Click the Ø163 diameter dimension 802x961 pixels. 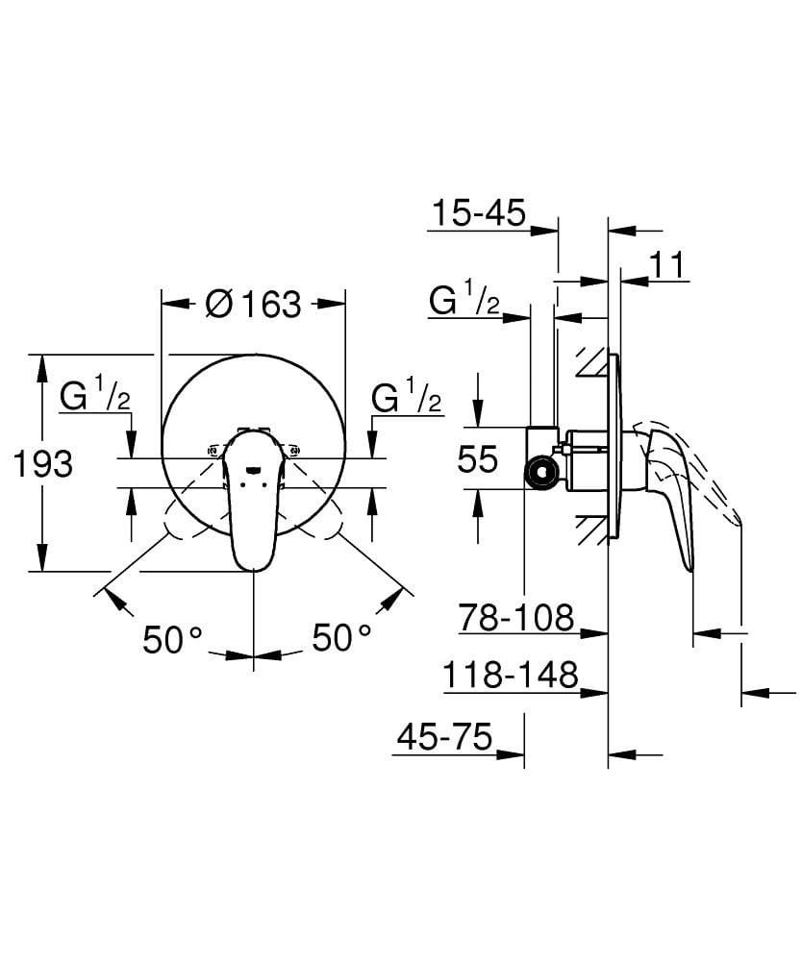pos(253,305)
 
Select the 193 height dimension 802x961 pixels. pos(42,463)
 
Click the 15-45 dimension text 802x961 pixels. pos(478,212)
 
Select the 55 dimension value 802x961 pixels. pos(477,460)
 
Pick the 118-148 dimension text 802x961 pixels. pos(510,677)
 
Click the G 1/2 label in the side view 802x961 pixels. pos(464,303)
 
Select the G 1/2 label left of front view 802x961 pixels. pos(94,396)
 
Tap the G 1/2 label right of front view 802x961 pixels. pos(406,396)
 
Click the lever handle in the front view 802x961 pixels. pos(253,500)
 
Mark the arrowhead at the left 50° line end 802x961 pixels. pos(116,601)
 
